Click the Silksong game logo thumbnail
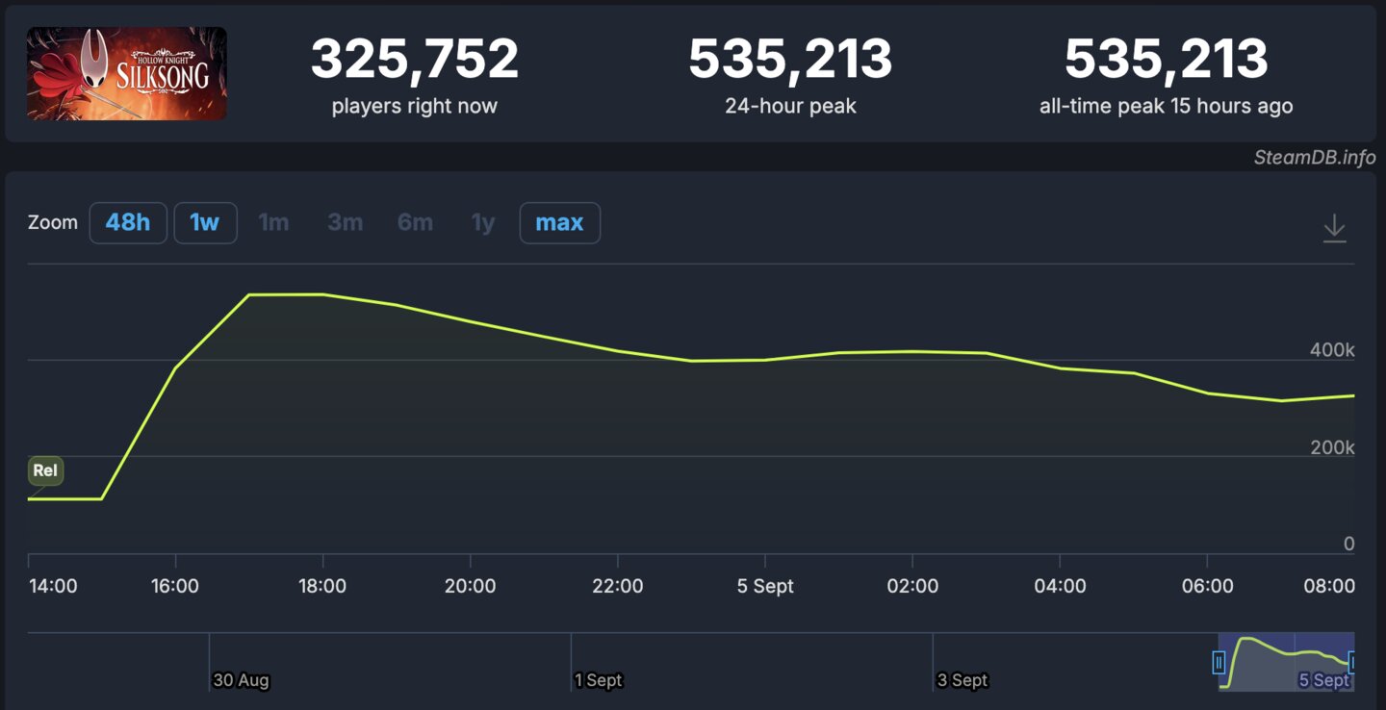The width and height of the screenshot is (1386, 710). pyautogui.click(x=127, y=74)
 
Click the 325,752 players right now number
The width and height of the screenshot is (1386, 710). pyautogui.click(x=414, y=60)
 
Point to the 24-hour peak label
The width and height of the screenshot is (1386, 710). pyautogui.click(x=790, y=106)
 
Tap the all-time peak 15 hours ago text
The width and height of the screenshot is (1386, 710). pyautogui.click(x=1166, y=106)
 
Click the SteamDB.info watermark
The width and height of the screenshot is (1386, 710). pyautogui.click(x=1314, y=157)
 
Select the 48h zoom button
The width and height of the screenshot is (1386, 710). pyautogui.click(x=128, y=223)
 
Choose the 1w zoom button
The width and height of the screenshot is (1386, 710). pyautogui.click(x=205, y=223)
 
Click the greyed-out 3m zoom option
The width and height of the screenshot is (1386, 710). pyautogui.click(x=345, y=223)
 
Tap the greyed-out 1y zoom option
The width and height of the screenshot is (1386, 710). pyautogui.click(x=482, y=223)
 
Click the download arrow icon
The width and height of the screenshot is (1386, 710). pyautogui.click(x=1334, y=228)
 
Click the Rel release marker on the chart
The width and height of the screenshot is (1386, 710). pyautogui.click(x=45, y=470)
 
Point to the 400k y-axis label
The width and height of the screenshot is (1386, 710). pyautogui.click(x=1331, y=350)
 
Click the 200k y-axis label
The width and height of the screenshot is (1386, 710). pyautogui.click(x=1331, y=447)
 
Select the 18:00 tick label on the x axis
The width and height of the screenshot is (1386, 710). pyautogui.click(x=322, y=586)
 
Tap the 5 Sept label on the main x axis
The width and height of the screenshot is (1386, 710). pyautogui.click(x=765, y=586)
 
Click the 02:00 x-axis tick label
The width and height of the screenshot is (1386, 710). pyautogui.click(x=912, y=586)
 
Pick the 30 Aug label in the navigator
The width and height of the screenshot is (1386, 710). pyautogui.click(x=241, y=680)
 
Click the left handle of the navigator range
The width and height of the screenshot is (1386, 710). pyautogui.click(x=1219, y=662)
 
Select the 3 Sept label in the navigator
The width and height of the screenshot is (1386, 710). pyautogui.click(x=962, y=680)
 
